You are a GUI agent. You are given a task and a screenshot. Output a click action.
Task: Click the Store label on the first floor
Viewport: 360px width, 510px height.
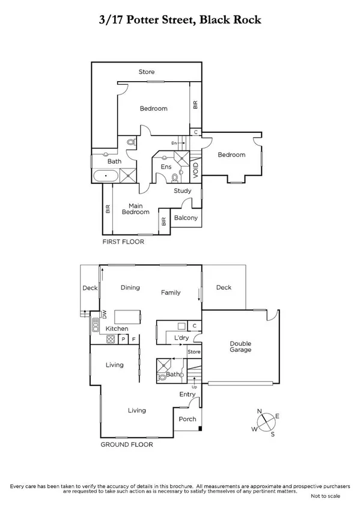tap(147, 72)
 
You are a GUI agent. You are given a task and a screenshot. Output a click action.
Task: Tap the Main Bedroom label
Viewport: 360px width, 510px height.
tap(135, 208)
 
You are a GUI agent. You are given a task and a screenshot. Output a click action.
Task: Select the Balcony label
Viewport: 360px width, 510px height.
tap(186, 218)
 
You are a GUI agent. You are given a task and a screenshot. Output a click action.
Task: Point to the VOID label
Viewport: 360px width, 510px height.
tap(196, 169)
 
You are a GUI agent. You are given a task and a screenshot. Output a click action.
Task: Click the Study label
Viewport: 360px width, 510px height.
tap(182, 191)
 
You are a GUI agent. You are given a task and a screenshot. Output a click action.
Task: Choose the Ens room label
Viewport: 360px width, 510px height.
tap(166, 167)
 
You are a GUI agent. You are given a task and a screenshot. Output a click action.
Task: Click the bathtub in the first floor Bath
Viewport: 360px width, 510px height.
tap(106, 176)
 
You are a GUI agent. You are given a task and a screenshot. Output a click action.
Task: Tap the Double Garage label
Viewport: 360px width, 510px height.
tap(240, 346)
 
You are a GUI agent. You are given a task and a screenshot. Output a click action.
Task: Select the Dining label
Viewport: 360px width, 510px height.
tap(130, 287)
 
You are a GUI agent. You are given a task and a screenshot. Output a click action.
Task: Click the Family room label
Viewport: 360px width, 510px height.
tap(171, 293)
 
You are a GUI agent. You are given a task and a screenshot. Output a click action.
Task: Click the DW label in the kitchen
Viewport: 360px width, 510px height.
tap(103, 314)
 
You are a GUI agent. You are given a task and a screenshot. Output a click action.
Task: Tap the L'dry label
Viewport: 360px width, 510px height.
tap(182, 339)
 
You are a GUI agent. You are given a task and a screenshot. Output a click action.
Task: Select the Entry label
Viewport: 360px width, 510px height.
tap(188, 395)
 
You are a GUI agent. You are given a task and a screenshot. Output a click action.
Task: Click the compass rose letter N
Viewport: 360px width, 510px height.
tap(260, 411)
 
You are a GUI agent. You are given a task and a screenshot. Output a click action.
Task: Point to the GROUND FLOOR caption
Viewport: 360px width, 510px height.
tap(127, 445)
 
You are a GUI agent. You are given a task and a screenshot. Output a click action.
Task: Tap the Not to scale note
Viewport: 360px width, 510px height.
tap(325, 497)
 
